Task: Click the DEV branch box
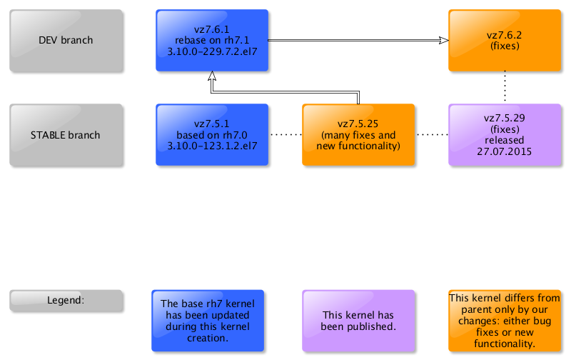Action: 66,41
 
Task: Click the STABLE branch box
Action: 66,135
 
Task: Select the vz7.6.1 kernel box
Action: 212,41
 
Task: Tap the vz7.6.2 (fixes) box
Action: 505,41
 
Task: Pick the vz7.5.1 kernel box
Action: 212,135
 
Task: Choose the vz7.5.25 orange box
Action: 358,135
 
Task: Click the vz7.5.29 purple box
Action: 505,135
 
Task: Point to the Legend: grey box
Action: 66,301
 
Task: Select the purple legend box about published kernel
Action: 358,321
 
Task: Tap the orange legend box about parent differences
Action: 505,321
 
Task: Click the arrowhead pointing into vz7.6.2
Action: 443,41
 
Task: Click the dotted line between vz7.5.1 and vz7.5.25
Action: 285,134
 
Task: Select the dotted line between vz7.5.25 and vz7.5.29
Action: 432,134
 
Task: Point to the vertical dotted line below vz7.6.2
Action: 505,87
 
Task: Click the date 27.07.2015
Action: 505,151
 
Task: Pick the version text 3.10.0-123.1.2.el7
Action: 212,146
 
